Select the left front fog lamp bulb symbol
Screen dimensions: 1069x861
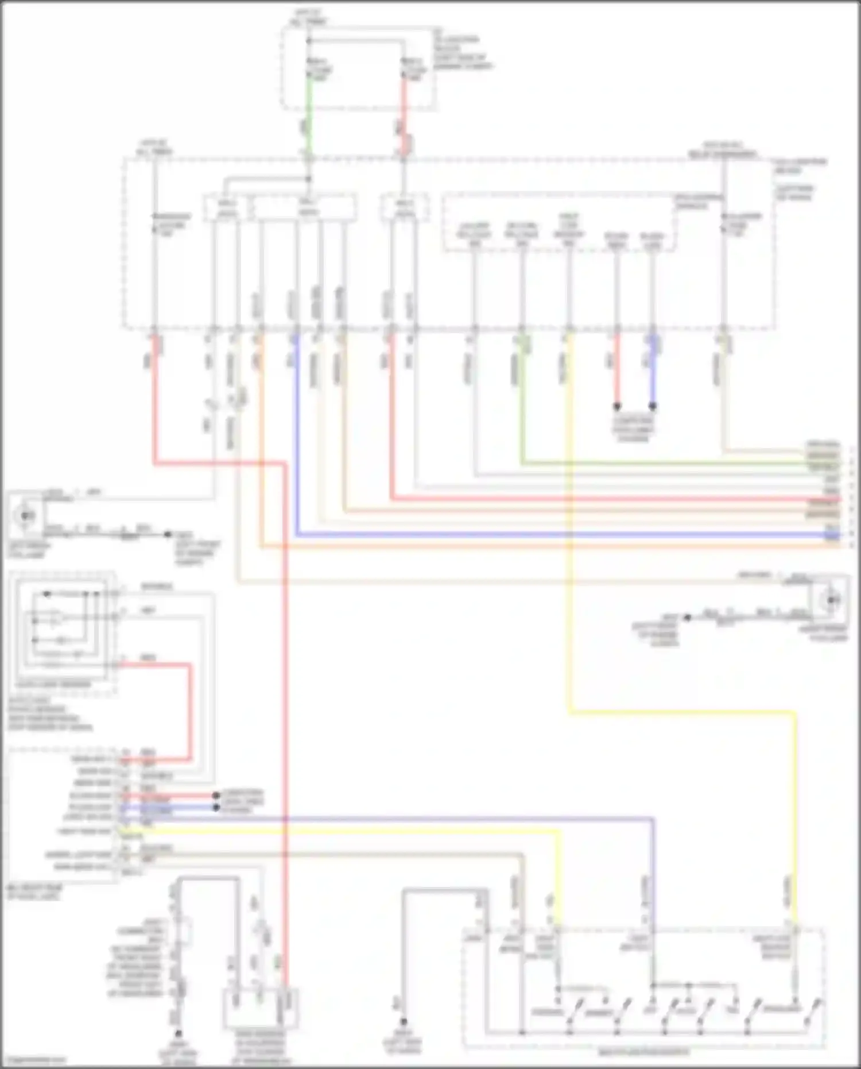(25, 515)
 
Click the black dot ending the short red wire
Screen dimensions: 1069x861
(617, 406)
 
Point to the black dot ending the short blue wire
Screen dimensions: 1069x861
(653, 406)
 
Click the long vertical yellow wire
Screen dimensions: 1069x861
(569, 517)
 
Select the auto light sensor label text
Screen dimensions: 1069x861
(53, 684)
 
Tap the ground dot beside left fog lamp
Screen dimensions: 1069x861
(168, 534)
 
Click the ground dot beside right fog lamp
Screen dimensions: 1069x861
(687, 618)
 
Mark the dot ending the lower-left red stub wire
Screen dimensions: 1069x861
(216, 796)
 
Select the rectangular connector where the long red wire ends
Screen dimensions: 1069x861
(261, 1008)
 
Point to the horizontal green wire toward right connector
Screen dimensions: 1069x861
(660, 462)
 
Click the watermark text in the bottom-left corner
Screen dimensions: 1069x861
(32, 1060)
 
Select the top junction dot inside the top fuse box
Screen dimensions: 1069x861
(309, 41)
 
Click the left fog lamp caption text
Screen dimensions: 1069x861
(29, 550)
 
